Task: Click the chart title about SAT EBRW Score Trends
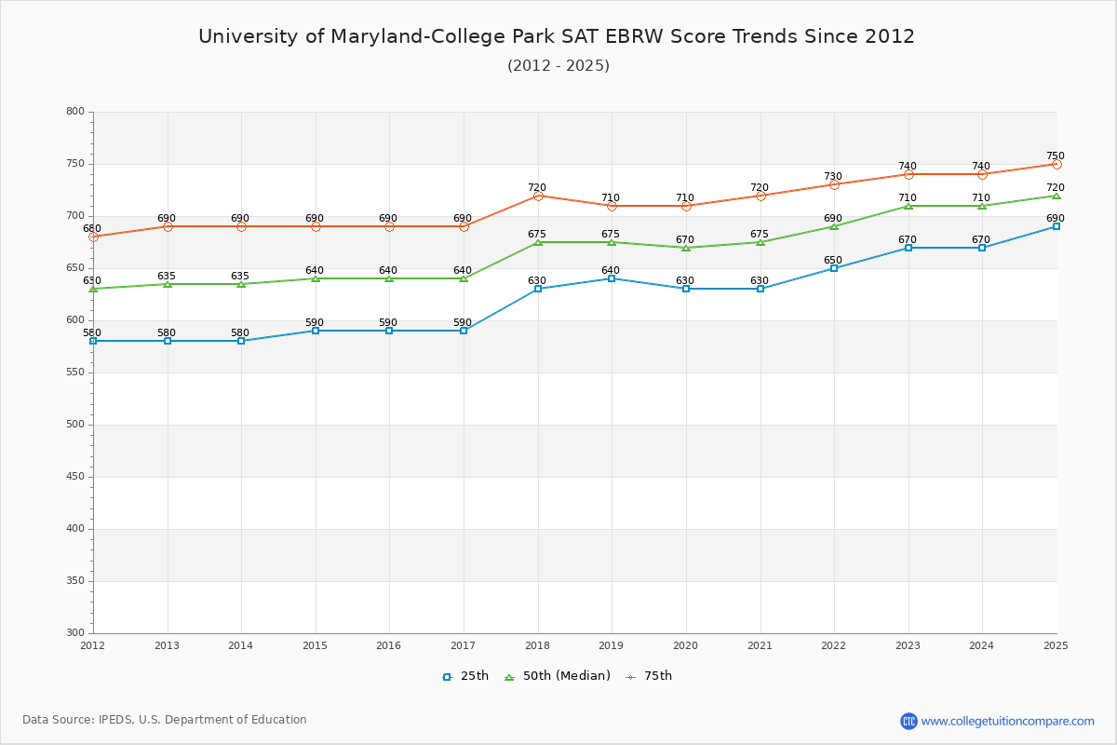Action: (x=557, y=36)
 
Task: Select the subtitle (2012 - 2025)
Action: (x=558, y=65)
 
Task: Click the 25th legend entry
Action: (x=465, y=676)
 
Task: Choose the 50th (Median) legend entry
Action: (x=557, y=676)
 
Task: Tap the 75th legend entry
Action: (x=649, y=676)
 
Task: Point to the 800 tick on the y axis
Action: (x=74, y=112)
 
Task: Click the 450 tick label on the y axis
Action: (x=74, y=477)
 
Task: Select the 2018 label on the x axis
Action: (x=537, y=644)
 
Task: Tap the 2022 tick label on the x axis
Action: (x=833, y=644)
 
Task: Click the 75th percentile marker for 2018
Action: (x=538, y=196)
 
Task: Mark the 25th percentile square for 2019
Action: (x=612, y=278)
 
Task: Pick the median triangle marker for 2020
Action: (x=686, y=248)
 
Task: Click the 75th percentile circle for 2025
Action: (x=1056, y=164)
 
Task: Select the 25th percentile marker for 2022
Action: (x=834, y=268)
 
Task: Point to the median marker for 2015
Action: (x=316, y=278)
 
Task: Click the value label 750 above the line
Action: (x=1055, y=156)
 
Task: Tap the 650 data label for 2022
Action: (x=832, y=261)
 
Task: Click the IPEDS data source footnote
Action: (x=165, y=720)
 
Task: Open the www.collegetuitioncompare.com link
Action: (x=1007, y=721)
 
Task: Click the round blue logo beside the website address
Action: (x=908, y=721)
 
